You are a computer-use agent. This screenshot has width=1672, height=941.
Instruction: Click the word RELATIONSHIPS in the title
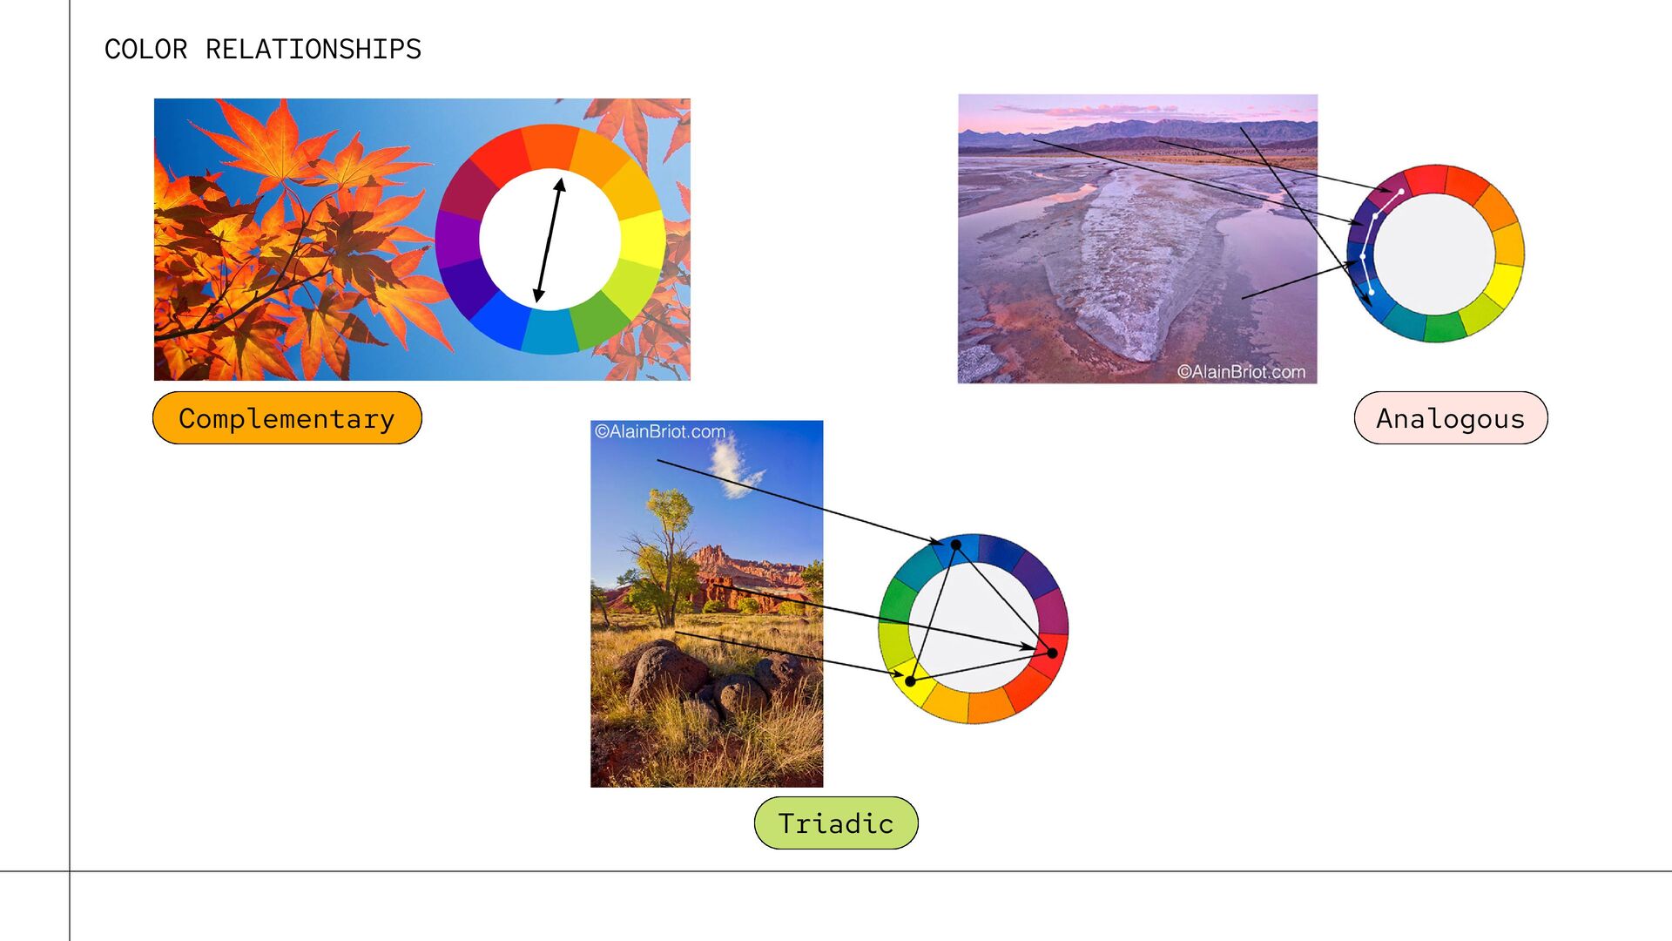313,50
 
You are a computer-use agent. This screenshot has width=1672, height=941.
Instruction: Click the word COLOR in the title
145,50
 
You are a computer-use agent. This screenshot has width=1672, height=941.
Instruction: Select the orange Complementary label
287,418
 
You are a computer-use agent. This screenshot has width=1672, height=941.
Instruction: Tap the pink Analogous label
1451,418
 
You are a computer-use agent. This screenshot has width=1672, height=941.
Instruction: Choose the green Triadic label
836,823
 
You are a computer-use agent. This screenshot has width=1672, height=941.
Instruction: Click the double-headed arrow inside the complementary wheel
549,240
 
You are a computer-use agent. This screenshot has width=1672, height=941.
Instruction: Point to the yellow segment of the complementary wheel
644,238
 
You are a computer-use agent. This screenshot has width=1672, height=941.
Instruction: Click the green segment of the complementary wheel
598,322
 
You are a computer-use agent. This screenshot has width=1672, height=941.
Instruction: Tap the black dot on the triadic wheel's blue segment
955,545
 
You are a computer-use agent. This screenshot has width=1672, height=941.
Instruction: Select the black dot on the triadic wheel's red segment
1052,653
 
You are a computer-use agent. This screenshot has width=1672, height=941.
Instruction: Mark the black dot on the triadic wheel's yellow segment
911,681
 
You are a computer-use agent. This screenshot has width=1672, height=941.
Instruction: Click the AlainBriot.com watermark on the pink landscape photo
1241,372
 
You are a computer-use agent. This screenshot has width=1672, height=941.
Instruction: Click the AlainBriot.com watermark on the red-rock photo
660,431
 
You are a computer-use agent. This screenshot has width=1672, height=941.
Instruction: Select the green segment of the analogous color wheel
1445,328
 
